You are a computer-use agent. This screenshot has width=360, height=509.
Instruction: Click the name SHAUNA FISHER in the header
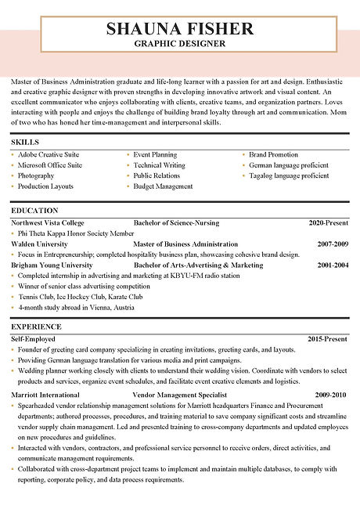(180, 29)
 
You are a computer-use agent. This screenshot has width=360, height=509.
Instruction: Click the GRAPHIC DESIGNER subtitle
(180, 44)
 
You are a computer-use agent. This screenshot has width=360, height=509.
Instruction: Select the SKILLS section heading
(25, 142)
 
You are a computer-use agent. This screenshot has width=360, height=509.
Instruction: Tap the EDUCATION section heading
(34, 211)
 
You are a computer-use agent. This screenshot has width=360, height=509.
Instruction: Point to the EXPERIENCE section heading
(36, 326)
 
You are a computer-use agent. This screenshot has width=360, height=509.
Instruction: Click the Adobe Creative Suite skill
(49, 155)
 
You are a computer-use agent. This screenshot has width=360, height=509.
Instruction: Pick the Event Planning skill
(155, 155)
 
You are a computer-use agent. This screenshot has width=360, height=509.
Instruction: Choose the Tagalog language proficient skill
(289, 176)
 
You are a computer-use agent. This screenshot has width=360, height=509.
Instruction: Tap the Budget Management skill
(163, 186)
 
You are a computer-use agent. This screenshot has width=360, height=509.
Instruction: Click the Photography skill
(37, 176)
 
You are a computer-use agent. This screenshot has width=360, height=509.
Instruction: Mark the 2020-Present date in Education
(328, 222)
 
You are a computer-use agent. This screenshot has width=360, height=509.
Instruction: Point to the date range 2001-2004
(332, 265)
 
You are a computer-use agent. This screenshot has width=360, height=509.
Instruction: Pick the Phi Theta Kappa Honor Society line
(76, 233)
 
